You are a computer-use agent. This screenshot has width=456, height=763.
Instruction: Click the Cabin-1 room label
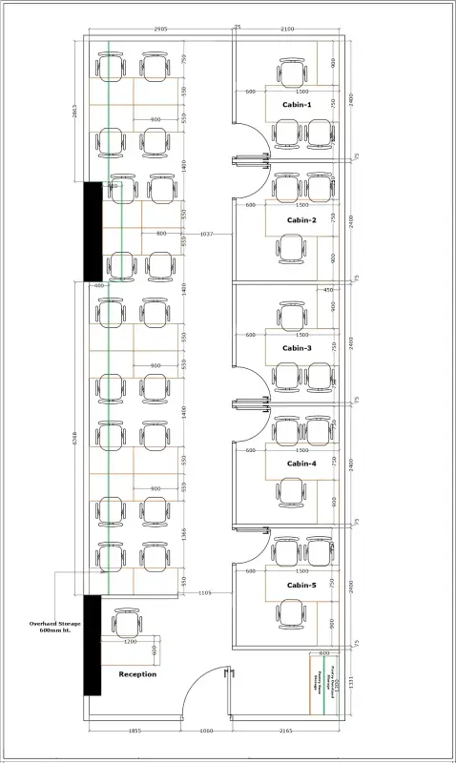pyautogui.click(x=297, y=103)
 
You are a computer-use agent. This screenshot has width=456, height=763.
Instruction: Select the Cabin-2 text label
pyautogui.click(x=301, y=219)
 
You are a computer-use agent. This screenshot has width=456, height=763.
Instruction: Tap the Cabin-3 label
pyautogui.click(x=297, y=348)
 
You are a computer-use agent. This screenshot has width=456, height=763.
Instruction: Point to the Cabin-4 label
pyautogui.click(x=301, y=464)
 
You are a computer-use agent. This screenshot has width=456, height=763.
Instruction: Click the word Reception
pyautogui.click(x=137, y=673)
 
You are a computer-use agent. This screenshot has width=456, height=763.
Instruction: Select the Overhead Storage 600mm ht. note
pyautogui.click(x=55, y=627)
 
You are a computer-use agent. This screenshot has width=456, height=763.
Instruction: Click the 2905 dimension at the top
pyautogui.click(x=160, y=30)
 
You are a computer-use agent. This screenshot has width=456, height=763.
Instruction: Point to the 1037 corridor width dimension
pyautogui.click(x=206, y=234)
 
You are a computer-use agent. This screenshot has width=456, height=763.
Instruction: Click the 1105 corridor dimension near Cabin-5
pyautogui.click(x=204, y=593)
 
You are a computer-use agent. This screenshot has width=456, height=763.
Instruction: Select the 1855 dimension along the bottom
pyautogui.click(x=135, y=731)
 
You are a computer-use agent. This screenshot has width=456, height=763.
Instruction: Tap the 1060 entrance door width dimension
pyautogui.click(x=206, y=731)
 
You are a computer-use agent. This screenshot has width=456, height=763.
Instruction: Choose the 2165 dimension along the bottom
pyautogui.click(x=283, y=731)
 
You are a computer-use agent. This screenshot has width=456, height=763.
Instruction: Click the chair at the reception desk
pyautogui.click(x=128, y=624)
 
